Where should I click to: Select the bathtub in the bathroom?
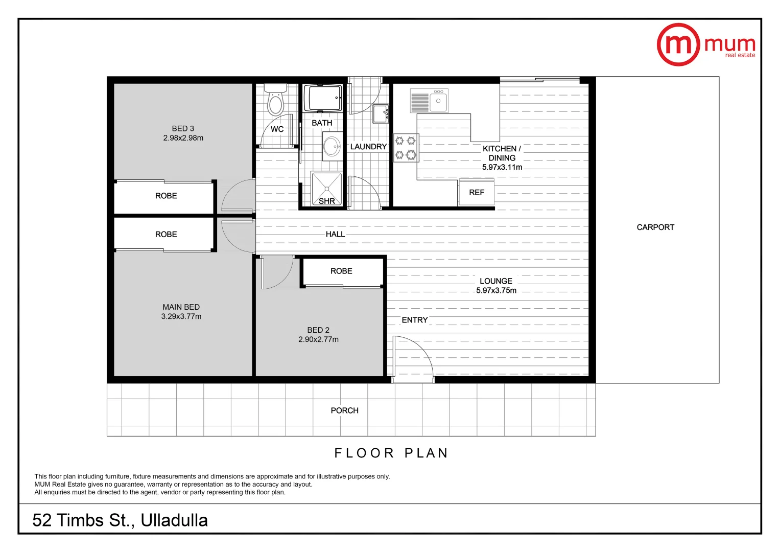tap(322, 98)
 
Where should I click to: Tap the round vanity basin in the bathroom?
tap(332, 147)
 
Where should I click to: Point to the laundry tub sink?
tap(380, 114)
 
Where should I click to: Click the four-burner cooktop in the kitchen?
tap(406, 148)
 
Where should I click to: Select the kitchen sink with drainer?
tap(429, 101)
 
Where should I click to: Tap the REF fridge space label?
tap(476, 193)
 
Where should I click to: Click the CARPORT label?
tap(655, 227)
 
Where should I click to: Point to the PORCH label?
tap(344, 410)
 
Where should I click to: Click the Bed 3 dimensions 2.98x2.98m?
tap(183, 138)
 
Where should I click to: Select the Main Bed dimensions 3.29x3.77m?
tap(181, 316)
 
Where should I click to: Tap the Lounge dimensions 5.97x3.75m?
tap(496, 290)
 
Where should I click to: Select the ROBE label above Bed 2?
tap(341, 271)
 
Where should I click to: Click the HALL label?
tap(335, 234)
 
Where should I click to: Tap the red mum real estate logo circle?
tap(678, 45)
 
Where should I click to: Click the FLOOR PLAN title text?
tap(391, 453)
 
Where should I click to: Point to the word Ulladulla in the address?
tap(174, 520)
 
